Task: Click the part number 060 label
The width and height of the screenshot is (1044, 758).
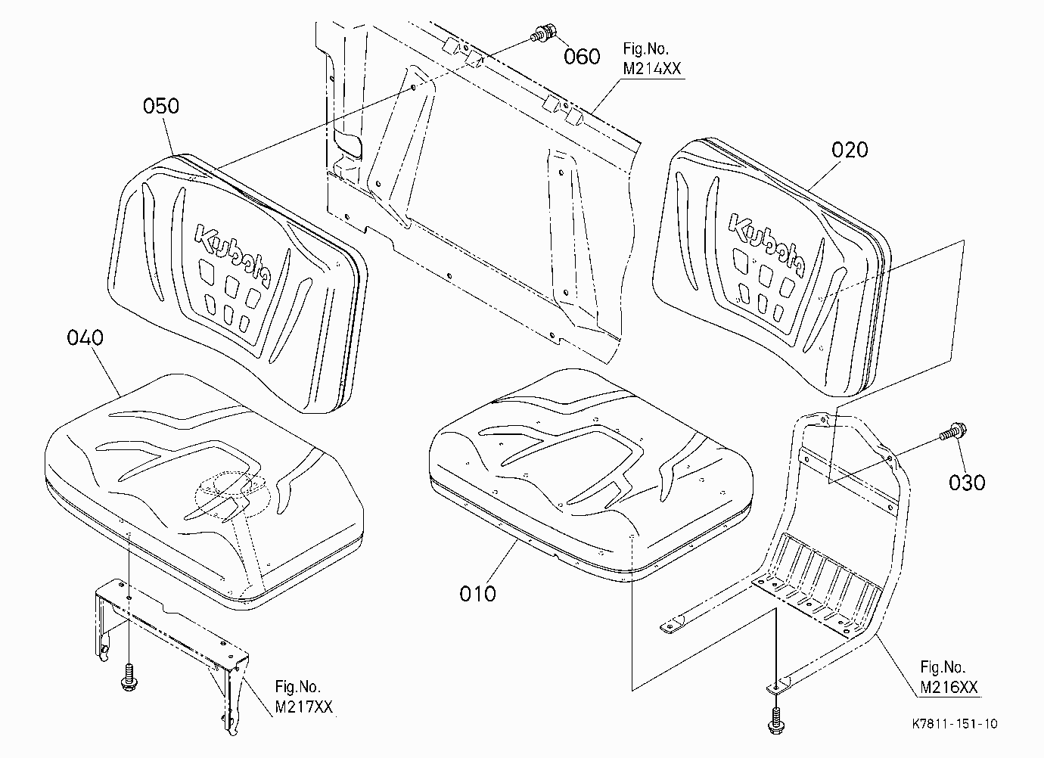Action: click(582, 57)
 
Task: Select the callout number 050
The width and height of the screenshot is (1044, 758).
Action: click(161, 107)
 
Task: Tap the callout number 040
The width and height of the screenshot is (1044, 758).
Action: click(85, 337)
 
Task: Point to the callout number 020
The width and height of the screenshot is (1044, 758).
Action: click(850, 150)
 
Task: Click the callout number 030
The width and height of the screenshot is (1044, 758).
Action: click(967, 483)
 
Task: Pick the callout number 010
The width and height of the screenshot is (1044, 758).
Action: click(477, 594)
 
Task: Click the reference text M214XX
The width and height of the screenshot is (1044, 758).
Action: click(652, 69)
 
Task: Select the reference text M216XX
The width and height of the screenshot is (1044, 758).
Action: click(949, 688)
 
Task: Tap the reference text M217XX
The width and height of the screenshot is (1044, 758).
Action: click(304, 707)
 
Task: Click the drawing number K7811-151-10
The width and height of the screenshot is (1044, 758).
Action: click(955, 723)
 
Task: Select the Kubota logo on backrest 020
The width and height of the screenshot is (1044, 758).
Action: click(766, 244)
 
